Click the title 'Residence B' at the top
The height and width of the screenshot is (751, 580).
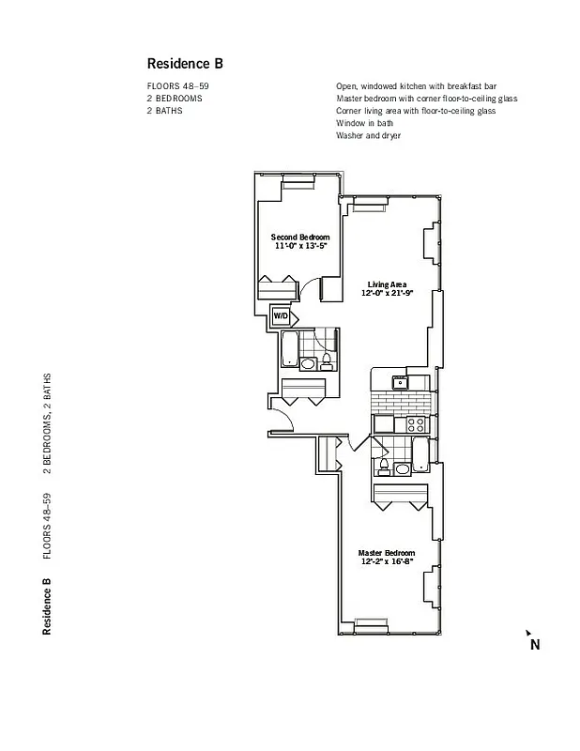pyautogui.click(x=185, y=64)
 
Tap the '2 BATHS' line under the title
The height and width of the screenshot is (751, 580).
pyautogui.click(x=164, y=111)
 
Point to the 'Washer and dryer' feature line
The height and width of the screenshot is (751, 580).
pyautogui.click(x=368, y=135)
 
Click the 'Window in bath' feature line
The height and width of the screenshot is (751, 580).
pyautogui.click(x=364, y=123)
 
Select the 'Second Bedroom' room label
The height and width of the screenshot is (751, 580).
pyautogui.click(x=300, y=237)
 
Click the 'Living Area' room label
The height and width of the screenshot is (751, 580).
pyautogui.click(x=387, y=284)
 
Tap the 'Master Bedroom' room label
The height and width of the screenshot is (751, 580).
pyautogui.click(x=386, y=553)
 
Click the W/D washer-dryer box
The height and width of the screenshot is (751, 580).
pyautogui.click(x=281, y=316)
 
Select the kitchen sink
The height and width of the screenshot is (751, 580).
pyautogui.click(x=400, y=381)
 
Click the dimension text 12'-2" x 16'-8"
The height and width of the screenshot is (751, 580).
pyautogui.click(x=386, y=562)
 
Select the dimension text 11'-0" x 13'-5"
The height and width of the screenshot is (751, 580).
pyautogui.click(x=300, y=246)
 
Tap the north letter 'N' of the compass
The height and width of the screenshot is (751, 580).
pyautogui.click(x=535, y=645)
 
